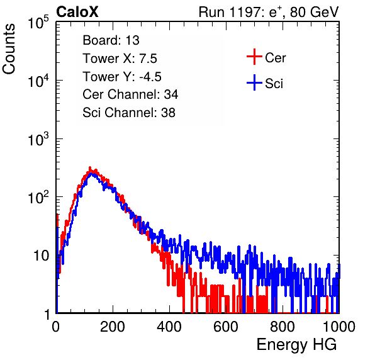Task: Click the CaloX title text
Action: pyautogui.click(x=77, y=12)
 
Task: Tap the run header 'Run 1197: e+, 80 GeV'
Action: pyautogui.click(x=269, y=12)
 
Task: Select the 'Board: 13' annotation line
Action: pyautogui.click(x=111, y=40)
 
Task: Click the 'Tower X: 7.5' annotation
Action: pyautogui.click(x=120, y=59)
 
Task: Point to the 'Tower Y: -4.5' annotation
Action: pyautogui.click(x=122, y=77)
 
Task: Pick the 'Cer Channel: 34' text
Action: pyautogui.click(x=130, y=94)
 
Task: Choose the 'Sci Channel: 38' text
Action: pyautogui.click(x=129, y=113)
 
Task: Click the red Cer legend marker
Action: pyautogui.click(x=254, y=57)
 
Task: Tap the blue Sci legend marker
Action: pyautogui.click(x=254, y=82)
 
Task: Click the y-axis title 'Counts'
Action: pyautogui.click(x=9, y=48)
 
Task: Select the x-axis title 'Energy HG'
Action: pyautogui.click(x=296, y=345)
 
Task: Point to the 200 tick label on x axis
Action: pyautogui.click(x=113, y=327)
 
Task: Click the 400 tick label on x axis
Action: pyautogui.click(x=169, y=327)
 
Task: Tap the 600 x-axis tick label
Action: pyautogui.click(x=226, y=327)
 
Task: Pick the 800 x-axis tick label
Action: pyautogui.click(x=283, y=327)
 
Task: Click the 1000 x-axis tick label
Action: pyautogui.click(x=339, y=327)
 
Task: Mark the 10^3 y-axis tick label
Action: pyautogui.click(x=38, y=139)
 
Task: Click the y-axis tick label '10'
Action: pyautogui.click(x=42, y=256)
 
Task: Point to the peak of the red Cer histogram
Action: pyautogui.click(x=90, y=167)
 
